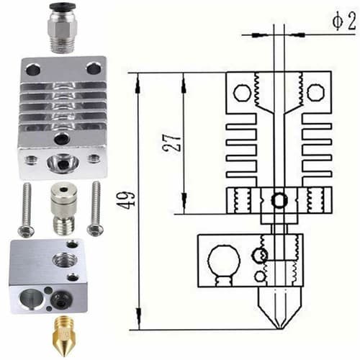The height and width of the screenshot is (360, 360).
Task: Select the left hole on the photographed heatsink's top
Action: coord(33,70)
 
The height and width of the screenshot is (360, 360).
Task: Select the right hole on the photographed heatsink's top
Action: coord(93,68)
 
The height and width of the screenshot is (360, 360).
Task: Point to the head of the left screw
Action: coord(25,229)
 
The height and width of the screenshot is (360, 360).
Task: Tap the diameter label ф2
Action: coord(343,22)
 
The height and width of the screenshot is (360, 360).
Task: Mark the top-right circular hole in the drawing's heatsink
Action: coord(315,92)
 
